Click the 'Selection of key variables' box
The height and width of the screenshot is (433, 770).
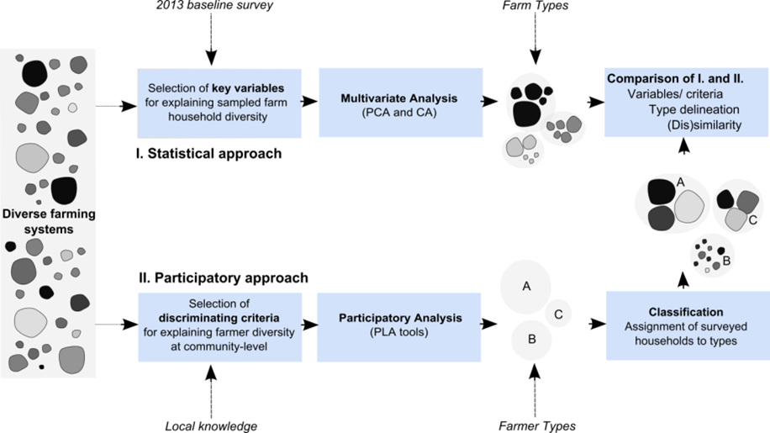(x=219, y=103)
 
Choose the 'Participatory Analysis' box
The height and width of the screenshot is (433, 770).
(x=400, y=326)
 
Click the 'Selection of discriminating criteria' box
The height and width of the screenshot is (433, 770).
(x=219, y=326)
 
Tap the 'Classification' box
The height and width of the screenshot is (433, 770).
(x=686, y=325)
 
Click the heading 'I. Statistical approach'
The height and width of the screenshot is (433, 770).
(x=208, y=154)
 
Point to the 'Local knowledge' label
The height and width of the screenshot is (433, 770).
(x=212, y=426)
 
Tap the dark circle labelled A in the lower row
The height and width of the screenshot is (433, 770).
(x=527, y=287)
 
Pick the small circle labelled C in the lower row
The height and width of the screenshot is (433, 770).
(x=559, y=314)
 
